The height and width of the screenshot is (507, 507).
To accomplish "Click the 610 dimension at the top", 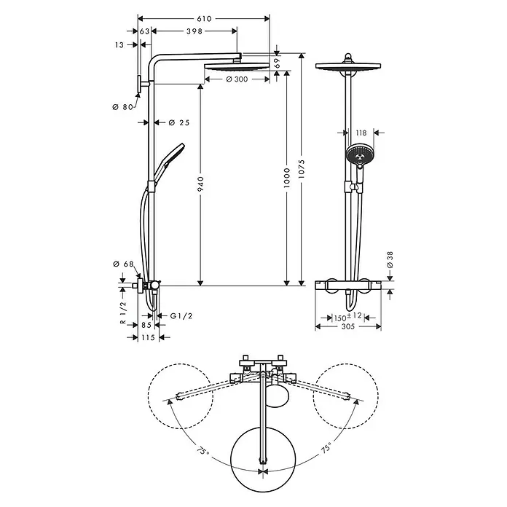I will coord(204,17).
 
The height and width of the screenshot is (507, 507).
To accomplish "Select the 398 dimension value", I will coord(194,31).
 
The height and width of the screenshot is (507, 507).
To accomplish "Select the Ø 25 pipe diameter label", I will coord(178,122).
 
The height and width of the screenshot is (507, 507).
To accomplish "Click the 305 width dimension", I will coord(348,327).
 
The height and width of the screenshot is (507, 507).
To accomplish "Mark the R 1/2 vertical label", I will coord(125,311).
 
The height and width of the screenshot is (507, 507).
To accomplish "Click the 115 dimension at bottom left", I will coord(149,337).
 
